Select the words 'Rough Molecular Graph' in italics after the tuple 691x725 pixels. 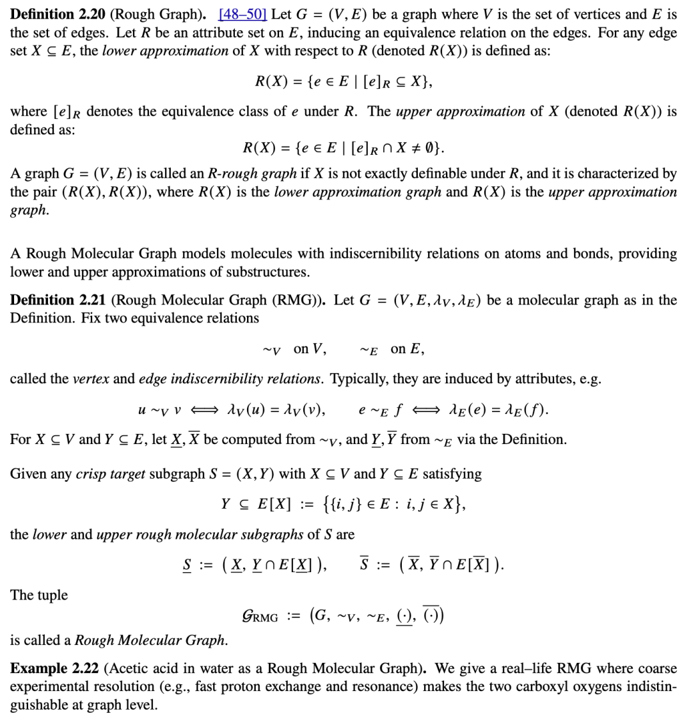pos(150,640)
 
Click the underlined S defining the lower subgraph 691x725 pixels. pos(187,564)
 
